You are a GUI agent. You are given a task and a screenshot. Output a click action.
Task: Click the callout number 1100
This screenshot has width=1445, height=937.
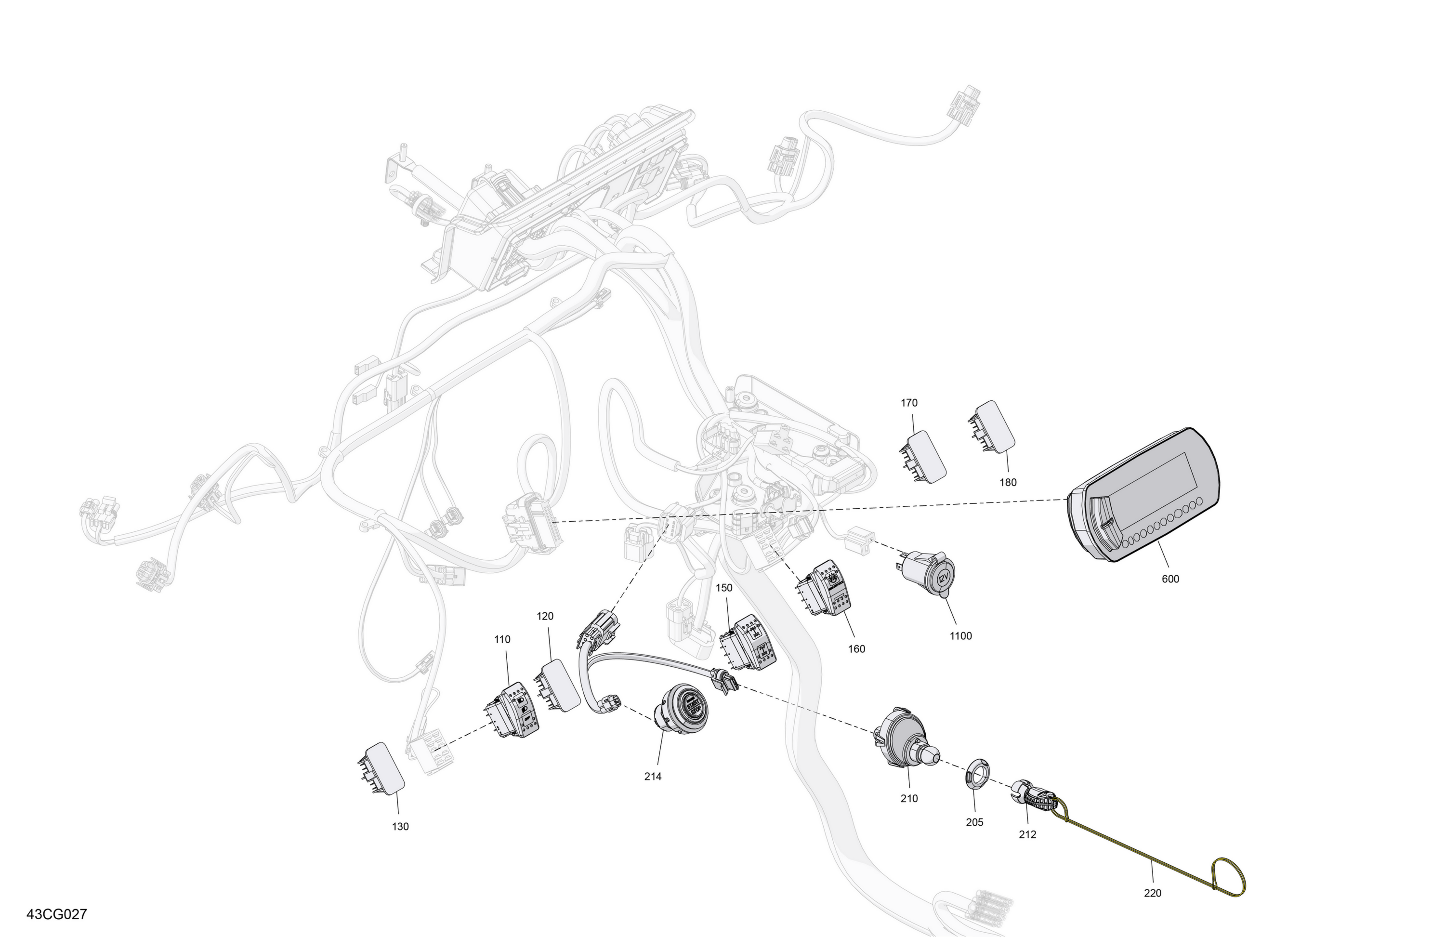(960, 636)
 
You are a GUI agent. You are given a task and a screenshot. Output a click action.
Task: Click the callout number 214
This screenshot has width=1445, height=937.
(653, 776)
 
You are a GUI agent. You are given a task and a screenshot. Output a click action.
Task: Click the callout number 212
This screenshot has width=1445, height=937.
(1027, 834)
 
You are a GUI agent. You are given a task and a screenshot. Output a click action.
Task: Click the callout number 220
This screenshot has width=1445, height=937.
(1152, 893)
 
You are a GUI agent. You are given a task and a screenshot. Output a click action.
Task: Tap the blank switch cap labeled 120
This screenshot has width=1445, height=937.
(557, 685)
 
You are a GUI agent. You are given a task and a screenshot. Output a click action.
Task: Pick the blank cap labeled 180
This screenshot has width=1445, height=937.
(991, 427)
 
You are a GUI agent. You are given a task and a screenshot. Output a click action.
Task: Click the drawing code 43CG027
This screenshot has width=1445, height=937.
(56, 914)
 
